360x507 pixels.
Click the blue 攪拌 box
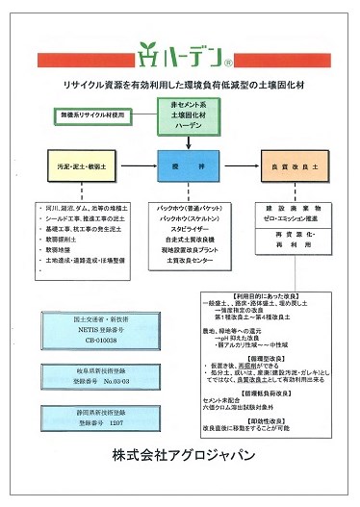click(189, 165)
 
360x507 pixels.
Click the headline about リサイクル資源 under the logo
click(180, 84)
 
